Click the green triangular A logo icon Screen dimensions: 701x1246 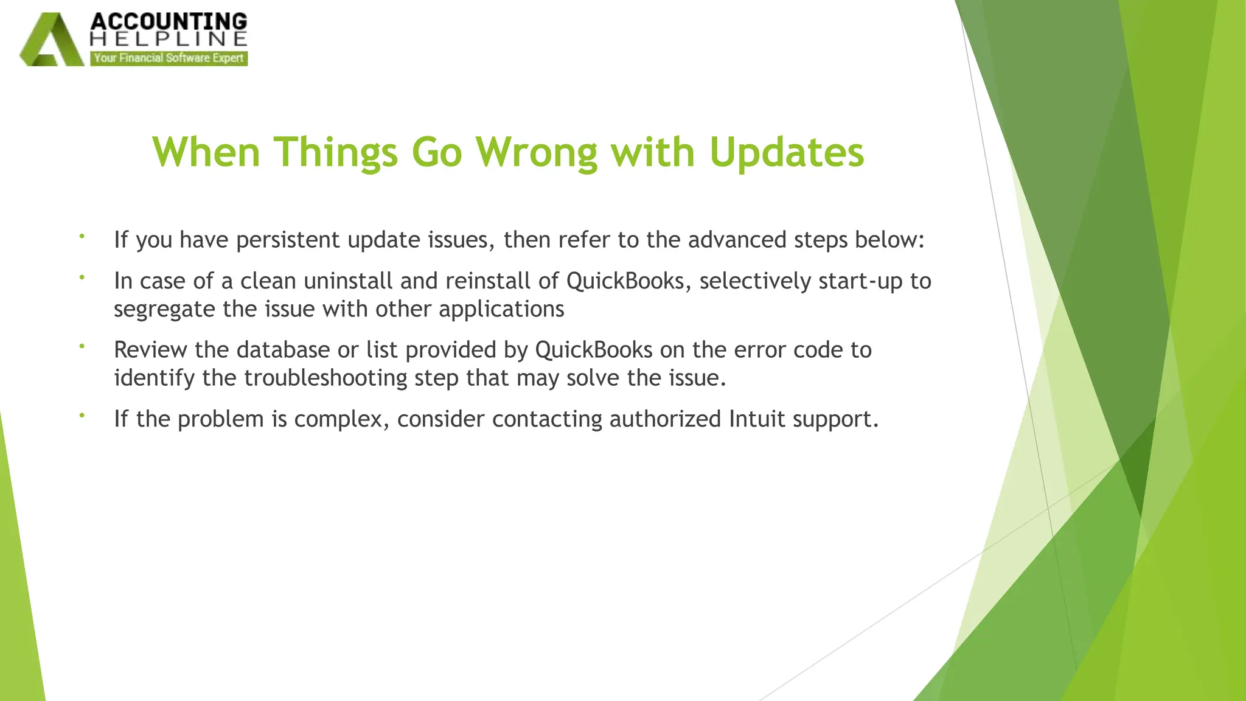51,40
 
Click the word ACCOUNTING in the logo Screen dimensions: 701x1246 169,21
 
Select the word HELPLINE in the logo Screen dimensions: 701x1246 169,40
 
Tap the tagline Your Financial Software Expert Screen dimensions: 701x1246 169,58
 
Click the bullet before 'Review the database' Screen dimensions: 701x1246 82,346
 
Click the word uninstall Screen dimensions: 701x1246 347,281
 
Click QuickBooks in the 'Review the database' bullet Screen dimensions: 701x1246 594,350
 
